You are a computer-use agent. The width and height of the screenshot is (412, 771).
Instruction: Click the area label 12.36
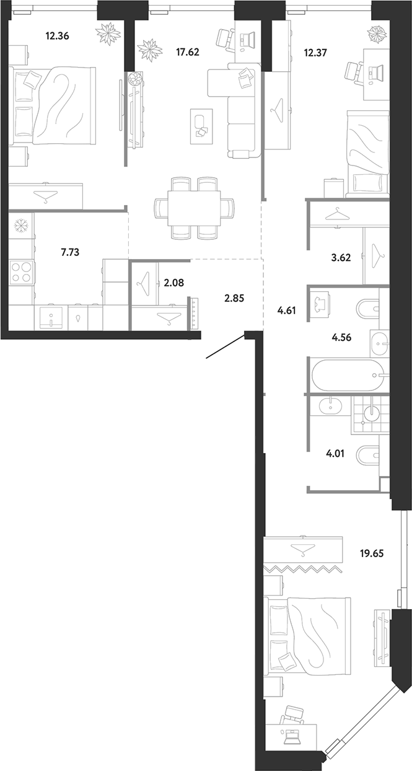pyautogui.click(x=57, y=35)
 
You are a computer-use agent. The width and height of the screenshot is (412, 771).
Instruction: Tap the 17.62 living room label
pyautogui.click(x=188, y=52)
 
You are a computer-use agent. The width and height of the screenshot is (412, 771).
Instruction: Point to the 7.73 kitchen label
pyautogui.click(x=70, y=252)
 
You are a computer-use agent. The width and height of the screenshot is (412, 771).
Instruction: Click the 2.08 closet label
pyautogui.click(x=174, y=283)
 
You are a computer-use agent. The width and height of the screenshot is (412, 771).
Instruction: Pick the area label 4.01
pyautogui.click(x=335, y=454)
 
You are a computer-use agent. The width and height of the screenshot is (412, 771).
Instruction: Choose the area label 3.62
pyautogui.click(x=341, y=257)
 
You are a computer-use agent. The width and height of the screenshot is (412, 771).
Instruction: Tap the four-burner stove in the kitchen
pyautogui.click(x=21, y=271)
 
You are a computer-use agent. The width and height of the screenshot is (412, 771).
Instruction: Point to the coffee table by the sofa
pyautogui.click(x=201, y=126)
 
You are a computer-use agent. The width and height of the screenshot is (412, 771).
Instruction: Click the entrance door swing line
pyautogui.click(x=226, y=347)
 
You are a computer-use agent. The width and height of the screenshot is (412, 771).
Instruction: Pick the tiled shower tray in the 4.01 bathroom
pyautogui.click(x=370, y=414)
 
